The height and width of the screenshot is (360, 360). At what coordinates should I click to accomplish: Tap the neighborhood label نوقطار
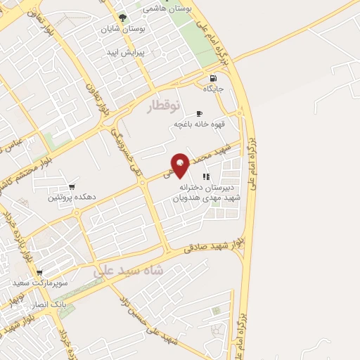tap(164, 106)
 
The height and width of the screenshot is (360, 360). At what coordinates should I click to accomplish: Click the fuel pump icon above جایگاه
tap(212, 78)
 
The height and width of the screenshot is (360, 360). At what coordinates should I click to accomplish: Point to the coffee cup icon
tap(199, 113)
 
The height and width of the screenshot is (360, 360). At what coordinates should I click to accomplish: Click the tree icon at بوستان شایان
tap(123, 18)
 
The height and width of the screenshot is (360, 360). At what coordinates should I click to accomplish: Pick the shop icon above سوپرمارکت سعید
tap(39, 272)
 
